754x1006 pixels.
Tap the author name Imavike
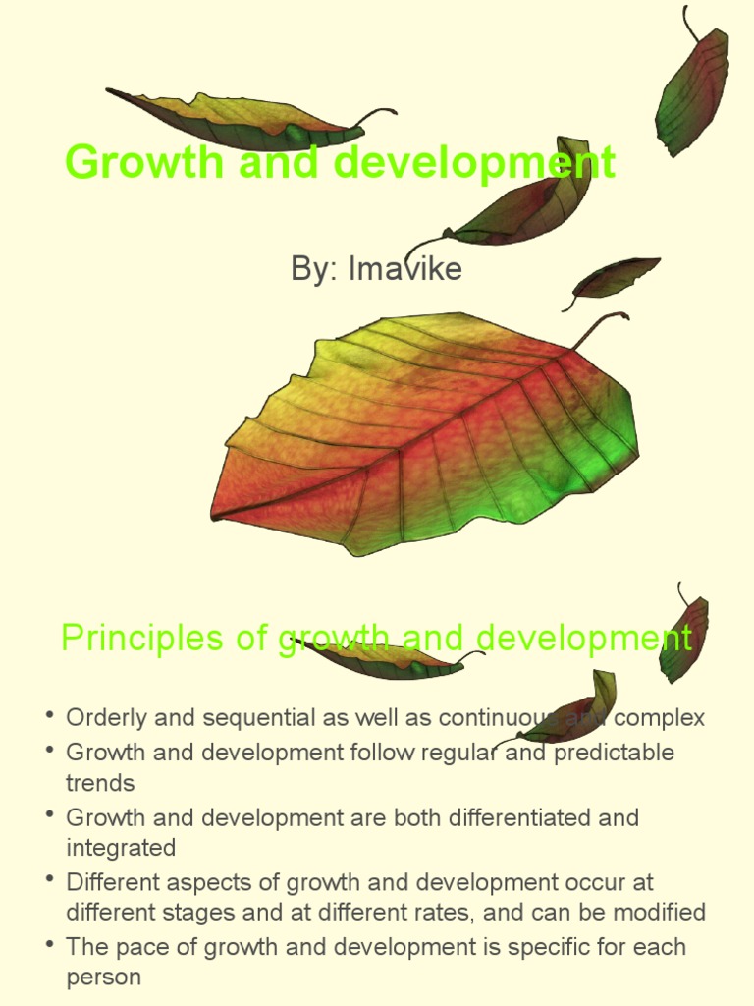[x=404, y=268]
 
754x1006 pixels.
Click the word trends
[x=100, y=783]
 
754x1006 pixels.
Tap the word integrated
[x=121, y=848]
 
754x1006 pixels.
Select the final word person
[x=103, y=978]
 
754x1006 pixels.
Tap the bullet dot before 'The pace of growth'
[x=49, y=945]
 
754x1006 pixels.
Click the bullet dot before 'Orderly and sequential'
[x=49, y=715]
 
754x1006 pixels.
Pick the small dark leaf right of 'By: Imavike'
[x=615, y=277]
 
